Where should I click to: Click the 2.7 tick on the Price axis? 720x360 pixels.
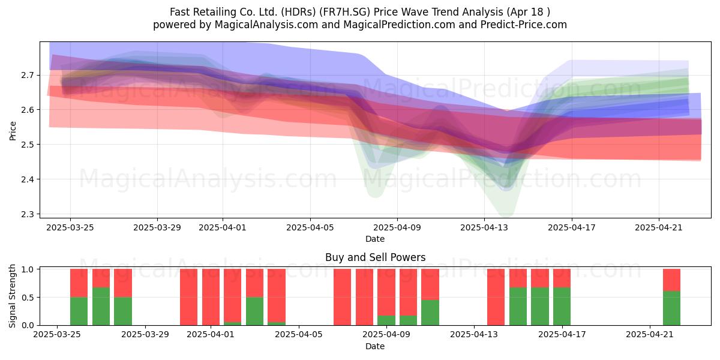[x=28, y=76]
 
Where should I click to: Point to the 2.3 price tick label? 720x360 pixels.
[x=28, y=214]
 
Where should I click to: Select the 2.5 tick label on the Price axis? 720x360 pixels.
[x=28, y=145]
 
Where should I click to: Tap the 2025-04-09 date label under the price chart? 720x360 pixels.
[x=397, y=227]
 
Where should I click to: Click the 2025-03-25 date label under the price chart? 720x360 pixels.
[x=70, y=227]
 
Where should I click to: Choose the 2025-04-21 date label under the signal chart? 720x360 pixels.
[x=650, y=335]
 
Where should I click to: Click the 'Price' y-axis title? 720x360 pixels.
[x=13, y=131]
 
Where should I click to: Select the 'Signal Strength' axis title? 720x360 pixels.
[x=12, y=296]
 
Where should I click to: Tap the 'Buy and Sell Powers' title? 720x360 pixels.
[x=375, y=257]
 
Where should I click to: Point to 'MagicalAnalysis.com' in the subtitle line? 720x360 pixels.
[x=266, y=25]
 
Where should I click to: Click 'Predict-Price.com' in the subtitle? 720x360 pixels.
[x=524, y=25]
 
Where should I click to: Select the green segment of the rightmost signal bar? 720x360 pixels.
[x=672, y=308]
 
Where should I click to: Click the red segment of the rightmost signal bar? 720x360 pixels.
[x=672, y=280]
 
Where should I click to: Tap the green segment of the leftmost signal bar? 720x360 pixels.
[x=79, y=311]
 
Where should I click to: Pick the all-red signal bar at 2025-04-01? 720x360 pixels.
[x=211, y=297]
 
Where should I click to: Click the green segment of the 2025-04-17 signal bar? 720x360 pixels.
[x=562, y=307]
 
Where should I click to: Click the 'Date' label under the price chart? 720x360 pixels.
[x=375, y=239]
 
